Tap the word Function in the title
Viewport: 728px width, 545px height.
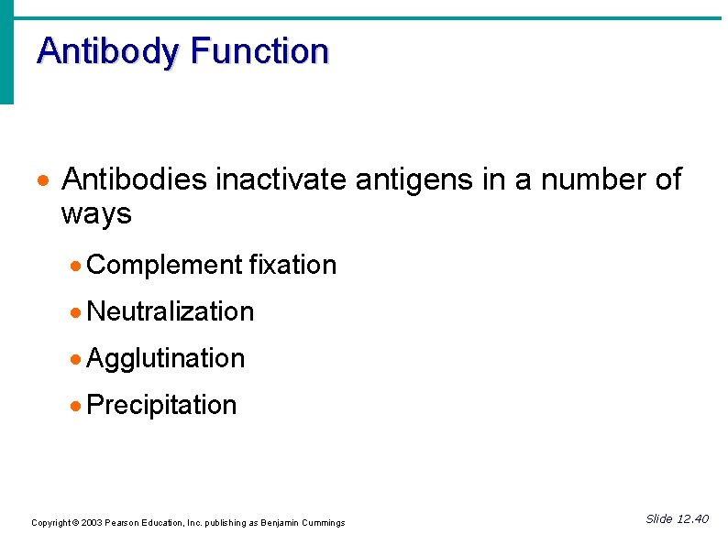pos(259,50)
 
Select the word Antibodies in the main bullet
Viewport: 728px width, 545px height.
pos(134,180)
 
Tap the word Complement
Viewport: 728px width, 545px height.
pos(164,266)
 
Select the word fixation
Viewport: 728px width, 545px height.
pos(292,265)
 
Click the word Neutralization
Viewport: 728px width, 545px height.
pos(170,311)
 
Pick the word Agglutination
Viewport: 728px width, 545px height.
pos(165,359)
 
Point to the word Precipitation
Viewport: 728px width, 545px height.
pos(161,406)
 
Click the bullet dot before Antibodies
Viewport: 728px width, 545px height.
pos(46,180)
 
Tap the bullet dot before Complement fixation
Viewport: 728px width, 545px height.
pos(76,266)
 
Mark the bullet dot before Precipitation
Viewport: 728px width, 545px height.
pos(76,406)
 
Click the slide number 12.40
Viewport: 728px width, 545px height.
pos(692,519)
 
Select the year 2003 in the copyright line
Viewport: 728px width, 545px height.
pos(92,523)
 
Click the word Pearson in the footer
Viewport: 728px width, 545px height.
pos(122,523)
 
